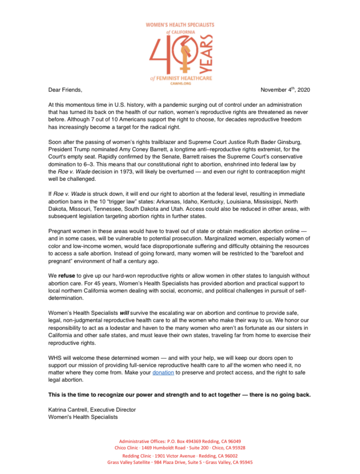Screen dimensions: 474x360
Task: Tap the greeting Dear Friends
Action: [65, 90]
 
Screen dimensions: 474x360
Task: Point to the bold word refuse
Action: [68, 276]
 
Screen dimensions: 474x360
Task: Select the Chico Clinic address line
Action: [180, 448]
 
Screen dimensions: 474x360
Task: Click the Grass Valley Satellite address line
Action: [180, 462]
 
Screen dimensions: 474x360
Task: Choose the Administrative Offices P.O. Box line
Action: [180, 441]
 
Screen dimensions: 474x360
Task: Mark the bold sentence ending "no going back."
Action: [180, 394]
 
